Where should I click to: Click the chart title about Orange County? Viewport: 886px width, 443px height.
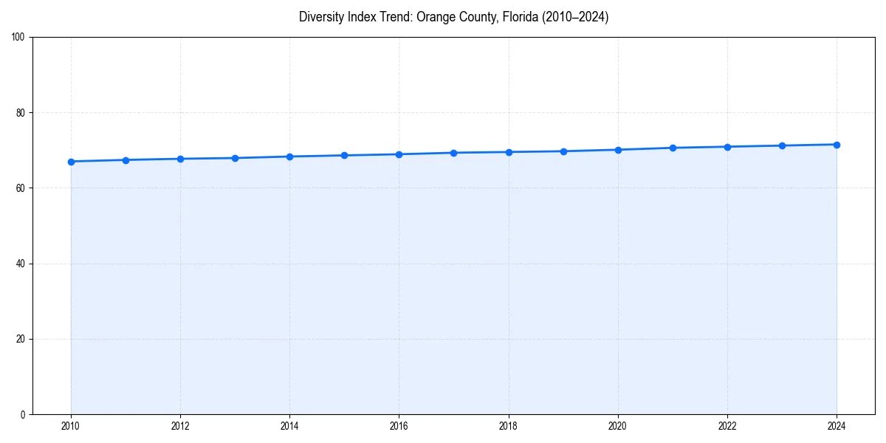(453, 17)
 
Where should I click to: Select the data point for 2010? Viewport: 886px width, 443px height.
(71, 162)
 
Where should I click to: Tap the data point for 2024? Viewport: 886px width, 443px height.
(837, 145)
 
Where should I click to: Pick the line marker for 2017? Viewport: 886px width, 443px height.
(454, 153)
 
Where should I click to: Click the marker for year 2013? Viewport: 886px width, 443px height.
(235, 158)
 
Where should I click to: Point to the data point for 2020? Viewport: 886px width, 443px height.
(618, 150)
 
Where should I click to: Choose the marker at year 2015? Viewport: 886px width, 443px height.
(344, 155)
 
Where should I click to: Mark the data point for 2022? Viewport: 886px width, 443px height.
(727, 147)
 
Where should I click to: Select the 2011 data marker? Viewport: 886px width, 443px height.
(126, 160)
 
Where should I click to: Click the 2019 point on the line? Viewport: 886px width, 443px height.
(563, 151)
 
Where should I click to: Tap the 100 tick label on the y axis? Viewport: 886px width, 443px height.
(18, 37)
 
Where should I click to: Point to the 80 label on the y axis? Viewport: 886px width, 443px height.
(21, 113)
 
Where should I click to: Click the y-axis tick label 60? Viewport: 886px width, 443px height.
(21, 188)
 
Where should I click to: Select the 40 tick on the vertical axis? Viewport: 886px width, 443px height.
(21, 264)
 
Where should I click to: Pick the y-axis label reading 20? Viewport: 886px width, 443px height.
(21, 339)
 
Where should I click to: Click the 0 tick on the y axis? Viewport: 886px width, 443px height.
(23, 414)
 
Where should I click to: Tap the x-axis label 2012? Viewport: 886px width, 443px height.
(180, 426)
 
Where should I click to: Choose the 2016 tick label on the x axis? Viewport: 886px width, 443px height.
(399, 426)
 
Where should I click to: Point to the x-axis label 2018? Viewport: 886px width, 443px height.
(509, 426)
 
